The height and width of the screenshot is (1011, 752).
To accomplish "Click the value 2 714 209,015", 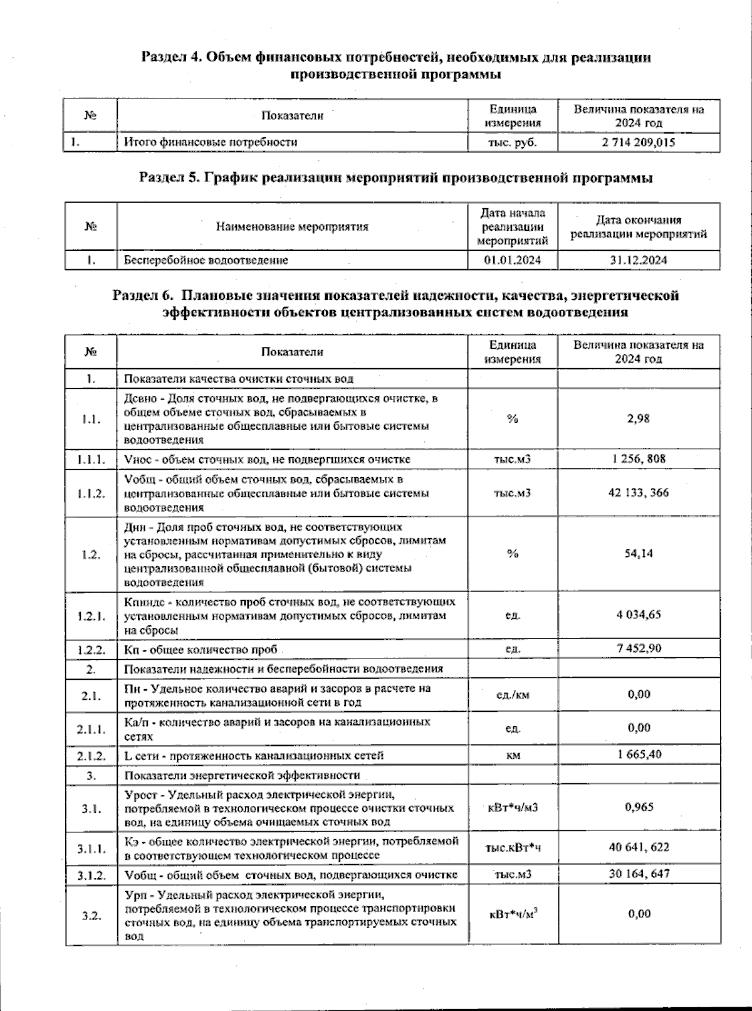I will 638,142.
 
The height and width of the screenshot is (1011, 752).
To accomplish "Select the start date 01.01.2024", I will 512,260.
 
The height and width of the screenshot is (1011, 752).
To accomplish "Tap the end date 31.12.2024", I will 638,260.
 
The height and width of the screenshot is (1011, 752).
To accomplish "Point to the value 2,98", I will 638,418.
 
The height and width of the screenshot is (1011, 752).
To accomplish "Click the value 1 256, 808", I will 638,458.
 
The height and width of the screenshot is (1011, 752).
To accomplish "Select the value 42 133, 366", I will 638,492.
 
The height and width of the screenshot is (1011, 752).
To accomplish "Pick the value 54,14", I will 638,554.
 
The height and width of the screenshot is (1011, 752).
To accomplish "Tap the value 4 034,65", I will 638,615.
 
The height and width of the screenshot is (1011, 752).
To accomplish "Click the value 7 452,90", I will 638,648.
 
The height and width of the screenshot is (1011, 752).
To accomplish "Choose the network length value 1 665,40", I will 638,754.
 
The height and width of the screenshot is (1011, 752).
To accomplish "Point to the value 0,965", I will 638,807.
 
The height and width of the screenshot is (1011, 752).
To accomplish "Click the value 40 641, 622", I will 638,847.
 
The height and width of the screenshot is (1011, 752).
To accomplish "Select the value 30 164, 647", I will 638,874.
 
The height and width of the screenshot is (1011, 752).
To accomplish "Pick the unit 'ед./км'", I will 512,695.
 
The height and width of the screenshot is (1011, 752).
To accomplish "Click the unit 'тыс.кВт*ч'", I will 512,848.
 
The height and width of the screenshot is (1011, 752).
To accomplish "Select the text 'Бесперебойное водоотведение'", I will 206,260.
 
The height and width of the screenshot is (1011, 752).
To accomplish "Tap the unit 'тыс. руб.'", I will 512,142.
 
